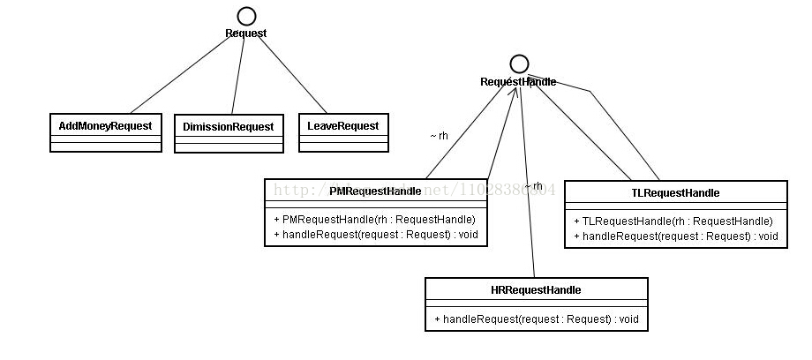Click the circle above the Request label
coord(246,15)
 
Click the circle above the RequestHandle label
coord(519,64)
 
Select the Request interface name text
coord(245,34)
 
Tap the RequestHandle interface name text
coord(518,82)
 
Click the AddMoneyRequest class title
coord(105,125)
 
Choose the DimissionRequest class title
coord(229,126)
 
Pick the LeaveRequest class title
coord(342,125)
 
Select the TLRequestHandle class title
coord(675,192)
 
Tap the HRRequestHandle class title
coord(536,289)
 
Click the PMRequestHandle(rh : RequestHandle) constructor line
coord(375,219)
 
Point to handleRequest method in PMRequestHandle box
coord(375,235)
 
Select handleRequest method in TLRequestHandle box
coord(676,236)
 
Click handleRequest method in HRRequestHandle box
coord(536,319)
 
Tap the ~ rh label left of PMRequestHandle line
coord(439,136)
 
